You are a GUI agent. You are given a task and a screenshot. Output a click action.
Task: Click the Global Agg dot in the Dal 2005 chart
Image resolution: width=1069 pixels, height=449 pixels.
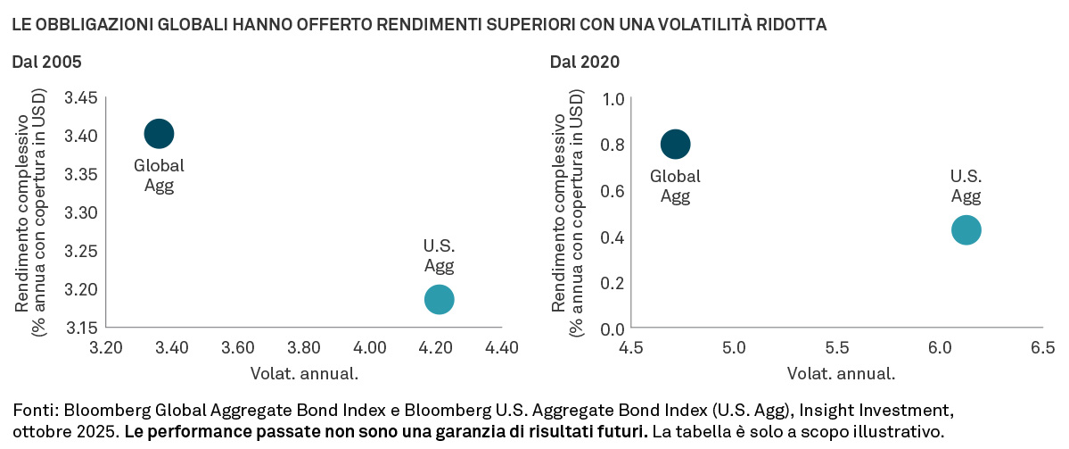(159, 134)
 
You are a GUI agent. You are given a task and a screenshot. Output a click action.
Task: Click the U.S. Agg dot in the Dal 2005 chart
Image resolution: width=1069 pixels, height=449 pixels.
(439, 299)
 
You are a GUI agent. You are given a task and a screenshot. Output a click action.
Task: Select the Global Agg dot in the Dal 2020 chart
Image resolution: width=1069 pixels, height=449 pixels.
(675, 144)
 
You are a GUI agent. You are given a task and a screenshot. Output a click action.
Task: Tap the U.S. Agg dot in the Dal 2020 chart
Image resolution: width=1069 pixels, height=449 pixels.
(966, 229)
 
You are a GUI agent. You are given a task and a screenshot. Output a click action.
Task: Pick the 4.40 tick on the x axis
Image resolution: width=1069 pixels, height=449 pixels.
(501, 347)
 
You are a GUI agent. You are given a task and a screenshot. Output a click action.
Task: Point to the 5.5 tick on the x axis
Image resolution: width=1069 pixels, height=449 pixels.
(837, 347)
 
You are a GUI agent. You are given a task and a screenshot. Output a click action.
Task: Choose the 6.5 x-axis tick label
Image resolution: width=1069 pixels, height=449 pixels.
(1042, 347)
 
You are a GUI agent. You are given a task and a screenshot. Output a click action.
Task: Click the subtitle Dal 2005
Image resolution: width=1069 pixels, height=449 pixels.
(46, 62)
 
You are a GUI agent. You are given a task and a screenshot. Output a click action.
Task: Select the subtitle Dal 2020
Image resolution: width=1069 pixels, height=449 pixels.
(585, 62)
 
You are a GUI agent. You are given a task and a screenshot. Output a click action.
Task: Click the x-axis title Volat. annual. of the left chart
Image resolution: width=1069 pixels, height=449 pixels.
(304, 373)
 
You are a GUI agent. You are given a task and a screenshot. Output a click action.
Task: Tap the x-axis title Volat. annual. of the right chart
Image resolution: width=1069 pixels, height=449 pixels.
(841, 373)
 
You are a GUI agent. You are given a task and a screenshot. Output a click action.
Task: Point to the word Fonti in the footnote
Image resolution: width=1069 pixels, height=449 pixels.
(32, 411)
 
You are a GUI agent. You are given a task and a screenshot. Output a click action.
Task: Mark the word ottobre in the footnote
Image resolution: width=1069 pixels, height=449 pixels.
(37, 432)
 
